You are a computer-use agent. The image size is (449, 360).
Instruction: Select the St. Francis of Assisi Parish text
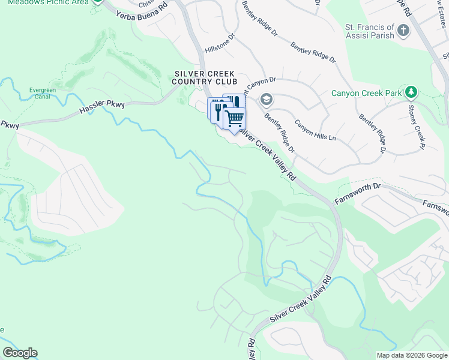pyautogui.click(x=369, y=31)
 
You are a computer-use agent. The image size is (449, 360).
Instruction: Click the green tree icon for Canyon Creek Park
pyautogui.click(x=411, y=92)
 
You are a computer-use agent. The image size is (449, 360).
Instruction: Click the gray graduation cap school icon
pyautogui.click(x=267, y=99)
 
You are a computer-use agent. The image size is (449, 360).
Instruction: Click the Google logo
pyautogui.click(x=20, y=352)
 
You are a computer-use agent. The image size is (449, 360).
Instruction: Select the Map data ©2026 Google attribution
pyautogui.click(x=411, y=355)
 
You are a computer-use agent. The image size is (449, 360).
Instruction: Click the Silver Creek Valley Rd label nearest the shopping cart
pyautogui.click(x=268, y=152)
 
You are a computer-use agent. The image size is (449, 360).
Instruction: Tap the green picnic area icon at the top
pyautogui.click(x=98, y=2)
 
